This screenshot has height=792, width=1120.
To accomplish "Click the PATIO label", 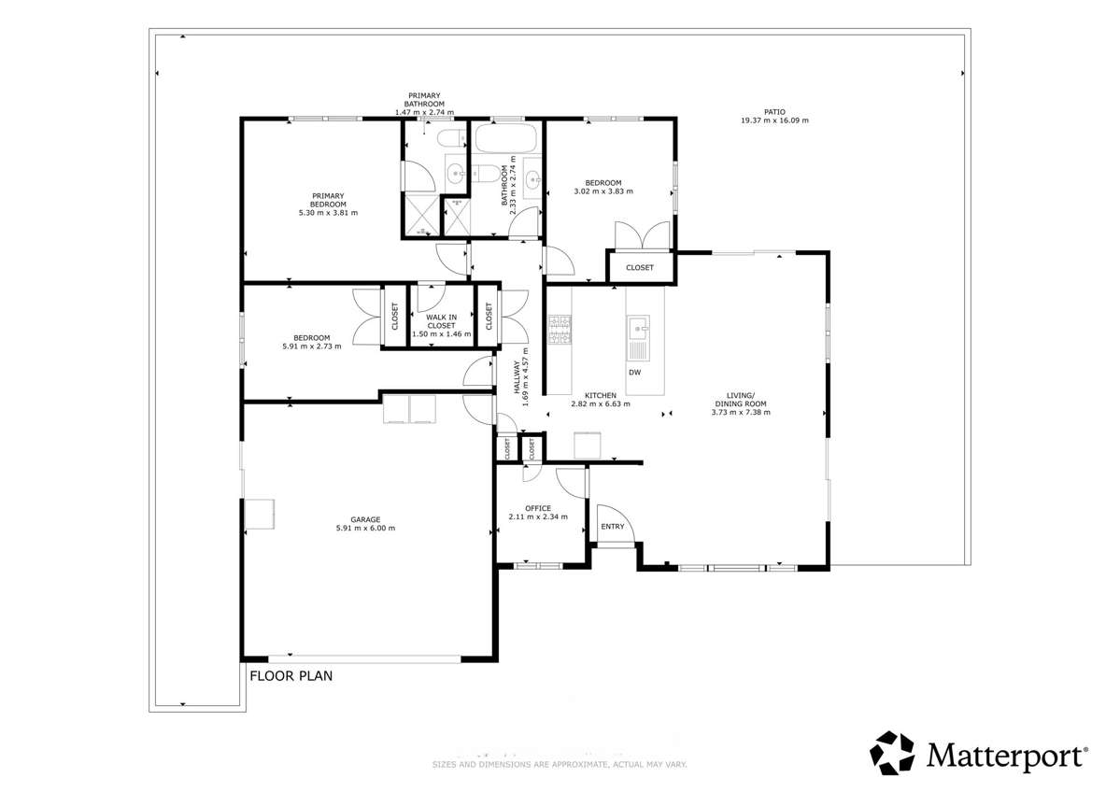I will [774, 111].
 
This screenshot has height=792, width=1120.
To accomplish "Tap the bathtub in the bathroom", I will [505, 141].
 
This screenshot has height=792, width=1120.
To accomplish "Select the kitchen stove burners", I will [560, 330].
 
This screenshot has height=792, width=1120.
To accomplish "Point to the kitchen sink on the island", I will [638, 327].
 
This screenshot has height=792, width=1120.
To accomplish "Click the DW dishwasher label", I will [634, 373].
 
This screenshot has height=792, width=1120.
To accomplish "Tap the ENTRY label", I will [613, 527].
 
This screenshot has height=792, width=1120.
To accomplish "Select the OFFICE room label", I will [537, 508].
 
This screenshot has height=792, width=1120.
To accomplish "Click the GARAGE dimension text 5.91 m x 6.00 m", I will [365, 529].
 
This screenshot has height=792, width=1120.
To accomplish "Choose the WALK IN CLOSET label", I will [442, 321].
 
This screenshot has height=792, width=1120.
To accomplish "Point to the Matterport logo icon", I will [893, 752].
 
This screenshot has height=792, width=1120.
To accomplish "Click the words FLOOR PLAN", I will [291, 675].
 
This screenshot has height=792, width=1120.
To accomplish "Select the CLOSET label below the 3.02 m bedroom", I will [640, 268].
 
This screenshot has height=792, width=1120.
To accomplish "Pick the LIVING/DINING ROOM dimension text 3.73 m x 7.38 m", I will [740, 413].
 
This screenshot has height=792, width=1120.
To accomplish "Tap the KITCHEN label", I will [601, 395].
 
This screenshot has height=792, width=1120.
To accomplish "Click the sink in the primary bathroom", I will [455, 173].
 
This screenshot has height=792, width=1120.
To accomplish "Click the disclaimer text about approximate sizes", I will [560, 765].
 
